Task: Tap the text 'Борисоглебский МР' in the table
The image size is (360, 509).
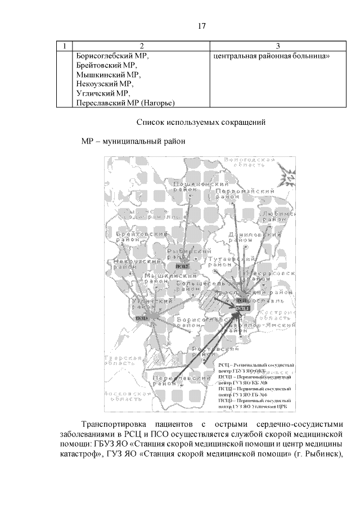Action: [x=112, y=56]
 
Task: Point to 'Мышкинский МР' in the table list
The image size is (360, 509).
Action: [x=107, y=74]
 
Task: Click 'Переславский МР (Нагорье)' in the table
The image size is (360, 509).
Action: [x=125, y=102]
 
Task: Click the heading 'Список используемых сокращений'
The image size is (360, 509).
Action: [x=201, y=122]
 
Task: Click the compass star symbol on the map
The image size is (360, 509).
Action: [x=289, y=177]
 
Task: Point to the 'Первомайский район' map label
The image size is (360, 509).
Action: [x=238, y=195]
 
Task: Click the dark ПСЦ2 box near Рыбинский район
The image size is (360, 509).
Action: [x=182, y=266]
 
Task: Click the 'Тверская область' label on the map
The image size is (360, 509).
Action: [x=120, y=361]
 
